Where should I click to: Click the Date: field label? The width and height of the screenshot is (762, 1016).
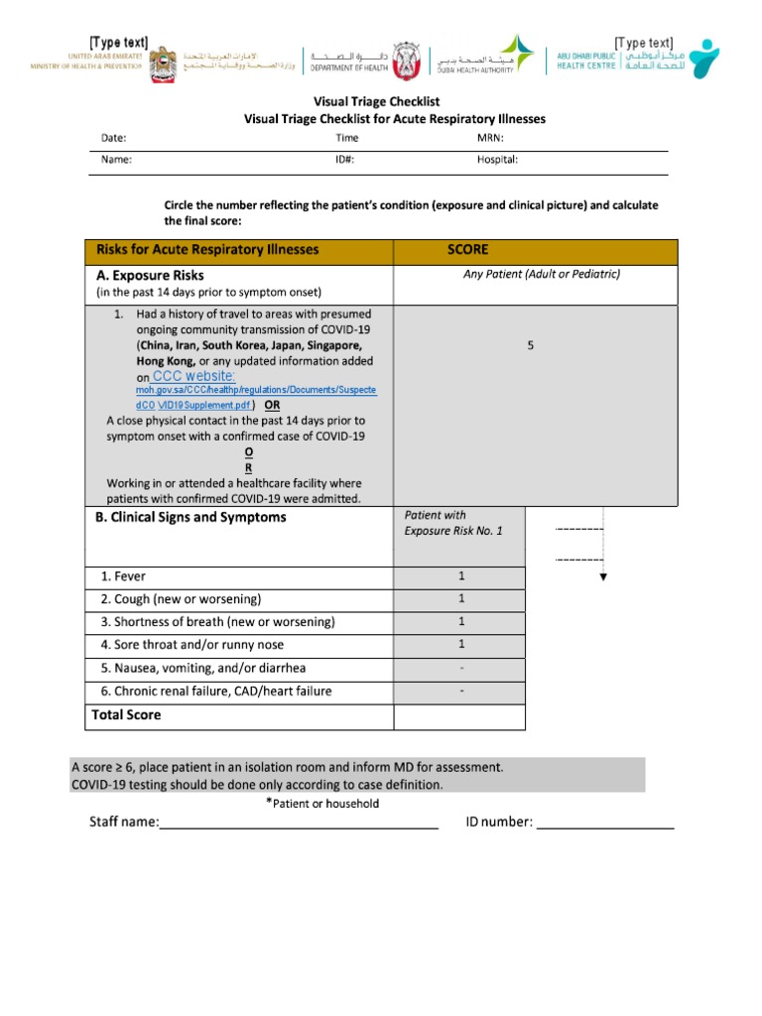114,138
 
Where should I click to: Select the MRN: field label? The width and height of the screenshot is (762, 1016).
490,138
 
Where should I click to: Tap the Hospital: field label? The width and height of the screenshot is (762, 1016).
497,159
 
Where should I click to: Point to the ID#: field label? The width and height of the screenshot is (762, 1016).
345,159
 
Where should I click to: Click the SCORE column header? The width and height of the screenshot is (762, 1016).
467,250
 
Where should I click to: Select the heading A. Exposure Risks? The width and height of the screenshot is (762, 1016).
150,275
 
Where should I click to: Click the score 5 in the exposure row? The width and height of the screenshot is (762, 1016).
531,345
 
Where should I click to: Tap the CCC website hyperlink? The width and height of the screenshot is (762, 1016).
194,376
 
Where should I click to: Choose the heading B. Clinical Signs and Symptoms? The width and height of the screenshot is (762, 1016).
190,517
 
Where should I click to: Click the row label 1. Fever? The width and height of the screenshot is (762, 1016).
123,575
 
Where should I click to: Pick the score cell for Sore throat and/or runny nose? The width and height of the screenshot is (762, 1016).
460,645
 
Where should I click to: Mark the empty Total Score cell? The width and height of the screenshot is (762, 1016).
460,715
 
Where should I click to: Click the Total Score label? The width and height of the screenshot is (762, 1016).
126,714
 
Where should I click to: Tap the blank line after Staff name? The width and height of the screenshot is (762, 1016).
298,823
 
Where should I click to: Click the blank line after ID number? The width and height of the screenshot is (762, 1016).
605,823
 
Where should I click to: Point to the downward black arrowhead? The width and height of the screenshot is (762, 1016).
603,576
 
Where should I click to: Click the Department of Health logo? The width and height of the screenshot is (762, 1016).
357,58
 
